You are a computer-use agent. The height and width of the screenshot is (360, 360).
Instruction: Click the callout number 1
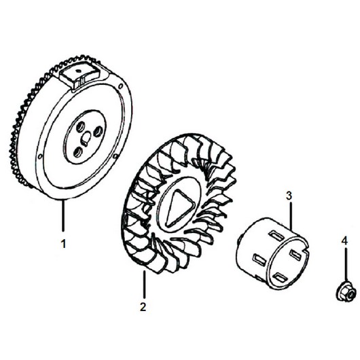(x=63, y=244)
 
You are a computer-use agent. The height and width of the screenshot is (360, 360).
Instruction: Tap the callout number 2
(x=143, y=307)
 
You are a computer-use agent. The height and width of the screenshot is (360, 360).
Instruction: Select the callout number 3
(x=289, y=196)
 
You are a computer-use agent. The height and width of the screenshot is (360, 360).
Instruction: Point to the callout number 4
(x=344, y=241)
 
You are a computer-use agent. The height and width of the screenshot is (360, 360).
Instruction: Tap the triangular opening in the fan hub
(x=181, y=208)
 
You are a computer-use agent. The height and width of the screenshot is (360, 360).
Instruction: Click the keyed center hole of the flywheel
(x=86, y=139)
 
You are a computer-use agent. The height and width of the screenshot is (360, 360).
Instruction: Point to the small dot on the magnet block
(x=78, y=71)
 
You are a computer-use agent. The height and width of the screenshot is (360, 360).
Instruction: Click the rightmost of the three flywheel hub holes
(x=98, y=131)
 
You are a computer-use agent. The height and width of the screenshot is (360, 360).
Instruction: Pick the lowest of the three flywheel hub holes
(x=78, y=152)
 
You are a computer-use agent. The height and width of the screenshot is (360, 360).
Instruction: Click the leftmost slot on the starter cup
(x=258, y=258)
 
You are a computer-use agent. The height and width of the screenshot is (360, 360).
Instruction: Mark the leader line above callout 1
(x=63, y=215)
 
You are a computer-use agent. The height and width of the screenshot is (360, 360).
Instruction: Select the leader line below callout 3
(x=291, y=216)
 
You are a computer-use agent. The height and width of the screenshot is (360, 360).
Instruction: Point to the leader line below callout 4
(x=345, y=264)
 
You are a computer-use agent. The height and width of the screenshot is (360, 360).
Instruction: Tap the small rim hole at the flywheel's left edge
(x=40, y=157)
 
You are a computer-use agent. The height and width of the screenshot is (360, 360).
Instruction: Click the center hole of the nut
(x=348, y=293)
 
